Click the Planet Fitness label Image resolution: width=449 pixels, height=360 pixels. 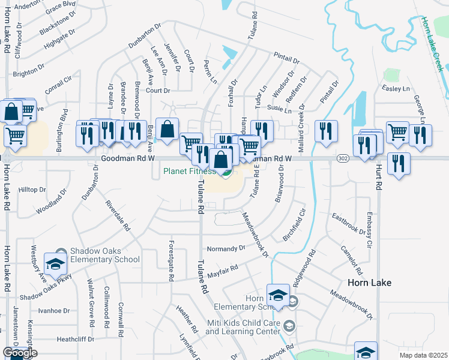188,171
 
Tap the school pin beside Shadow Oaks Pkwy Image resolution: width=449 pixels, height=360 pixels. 56,265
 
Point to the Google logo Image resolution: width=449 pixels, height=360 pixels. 20,353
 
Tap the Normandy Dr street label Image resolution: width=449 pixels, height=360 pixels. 226,248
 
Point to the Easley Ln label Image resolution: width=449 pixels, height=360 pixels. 395,88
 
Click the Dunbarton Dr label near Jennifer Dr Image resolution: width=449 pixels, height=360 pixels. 145,35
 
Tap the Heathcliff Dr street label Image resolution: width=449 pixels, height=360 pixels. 76,339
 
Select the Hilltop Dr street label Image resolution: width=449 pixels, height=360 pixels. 32,190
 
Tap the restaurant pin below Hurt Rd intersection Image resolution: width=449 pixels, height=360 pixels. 399,164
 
